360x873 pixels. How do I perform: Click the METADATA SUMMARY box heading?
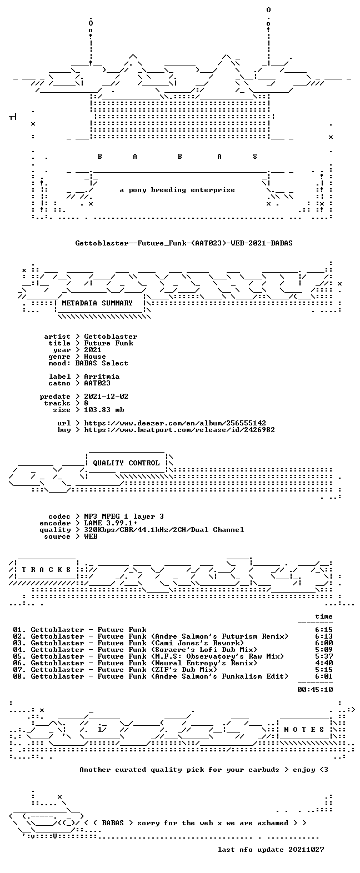97,303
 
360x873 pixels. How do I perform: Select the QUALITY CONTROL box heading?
126,463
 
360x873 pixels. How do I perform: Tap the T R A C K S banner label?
47,570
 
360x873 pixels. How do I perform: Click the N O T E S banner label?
304,730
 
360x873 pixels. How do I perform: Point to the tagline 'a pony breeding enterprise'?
177,190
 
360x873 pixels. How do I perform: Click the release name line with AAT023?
184,243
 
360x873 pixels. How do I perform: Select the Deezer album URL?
175,423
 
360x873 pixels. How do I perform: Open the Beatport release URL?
179,429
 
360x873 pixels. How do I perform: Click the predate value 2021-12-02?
106,397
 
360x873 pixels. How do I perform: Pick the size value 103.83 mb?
104,410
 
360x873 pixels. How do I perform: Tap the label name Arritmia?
102,377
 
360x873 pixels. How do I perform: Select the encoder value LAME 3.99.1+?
111,523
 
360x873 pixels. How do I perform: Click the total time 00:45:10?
315,689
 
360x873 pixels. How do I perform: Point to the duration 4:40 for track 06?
324,663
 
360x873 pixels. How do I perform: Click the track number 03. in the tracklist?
19,643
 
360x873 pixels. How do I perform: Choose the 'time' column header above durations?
324,616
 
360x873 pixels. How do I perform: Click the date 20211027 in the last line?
306,850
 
